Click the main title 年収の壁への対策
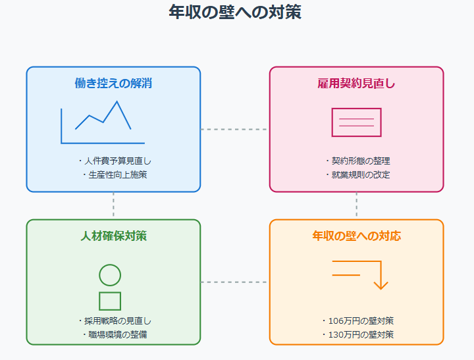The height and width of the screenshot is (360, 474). (235, 12)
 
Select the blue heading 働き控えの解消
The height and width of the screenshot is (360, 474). (113, 83)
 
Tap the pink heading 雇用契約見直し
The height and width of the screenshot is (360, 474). (356, 83)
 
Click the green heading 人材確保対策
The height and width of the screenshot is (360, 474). (113, 236)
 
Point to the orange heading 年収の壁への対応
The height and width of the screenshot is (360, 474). (356, 236)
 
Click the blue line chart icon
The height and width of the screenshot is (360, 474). (103, 122)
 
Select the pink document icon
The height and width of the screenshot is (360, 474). (356, 122)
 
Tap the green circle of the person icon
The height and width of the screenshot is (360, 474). (110, 275)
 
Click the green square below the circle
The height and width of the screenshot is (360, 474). (110, 301)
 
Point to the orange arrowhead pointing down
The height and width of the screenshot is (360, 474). (381, 285)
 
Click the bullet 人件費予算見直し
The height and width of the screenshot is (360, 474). (114, 161)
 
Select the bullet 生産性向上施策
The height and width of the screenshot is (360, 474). (114, 174)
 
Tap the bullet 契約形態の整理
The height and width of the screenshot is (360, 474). (357, 161)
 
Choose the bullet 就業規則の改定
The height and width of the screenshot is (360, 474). (357, 174)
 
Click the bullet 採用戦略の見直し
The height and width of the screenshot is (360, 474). (114, 321)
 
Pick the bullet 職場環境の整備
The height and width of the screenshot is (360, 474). (114, 334)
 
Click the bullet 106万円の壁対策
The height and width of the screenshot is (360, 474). (357, 321)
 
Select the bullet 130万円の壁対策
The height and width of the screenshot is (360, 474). (357, 334)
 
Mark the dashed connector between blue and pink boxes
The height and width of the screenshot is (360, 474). (235, 130)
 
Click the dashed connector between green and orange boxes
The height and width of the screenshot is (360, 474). (235, 282)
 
